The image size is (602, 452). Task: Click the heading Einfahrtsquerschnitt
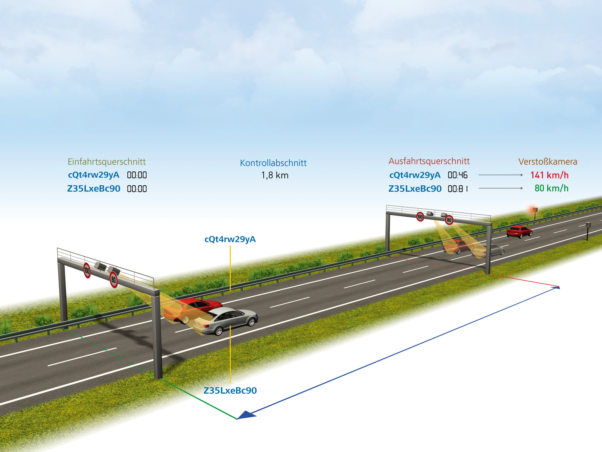pos(107,162)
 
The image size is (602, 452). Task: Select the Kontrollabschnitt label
pos(273,163)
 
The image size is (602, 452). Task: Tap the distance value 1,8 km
pos(275,176)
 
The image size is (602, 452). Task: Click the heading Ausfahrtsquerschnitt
pos(429,161)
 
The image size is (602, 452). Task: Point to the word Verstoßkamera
pos(548,162)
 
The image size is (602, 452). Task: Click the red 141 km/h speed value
pos(549,175)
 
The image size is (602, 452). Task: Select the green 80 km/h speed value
pos(552,188)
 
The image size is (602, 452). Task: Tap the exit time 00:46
pos(458,175)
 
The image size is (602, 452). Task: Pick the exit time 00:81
pos(458,189)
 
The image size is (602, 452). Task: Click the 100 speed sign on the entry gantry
pos(87,270)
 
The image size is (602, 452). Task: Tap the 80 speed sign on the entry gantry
pos(114,279)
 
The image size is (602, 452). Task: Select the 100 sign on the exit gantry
pos(420,217)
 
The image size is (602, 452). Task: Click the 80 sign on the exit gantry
pos(449,220)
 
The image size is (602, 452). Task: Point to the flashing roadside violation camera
pos(534,210)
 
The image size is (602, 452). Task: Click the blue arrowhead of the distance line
pos(246,415)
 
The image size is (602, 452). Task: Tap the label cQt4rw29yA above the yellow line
pos(230,239)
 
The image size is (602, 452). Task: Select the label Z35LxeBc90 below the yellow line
pos(230,390)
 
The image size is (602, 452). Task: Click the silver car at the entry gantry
pos(225,321)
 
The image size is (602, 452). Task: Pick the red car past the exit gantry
pos(519,232)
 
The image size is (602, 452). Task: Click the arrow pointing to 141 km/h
pos(500,175)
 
